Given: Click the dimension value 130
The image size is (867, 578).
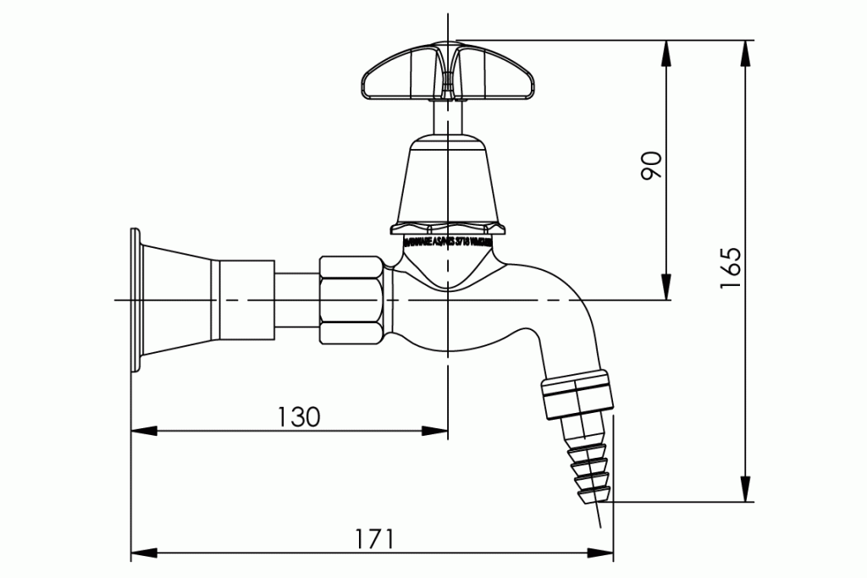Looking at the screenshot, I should click(x=299, y=416).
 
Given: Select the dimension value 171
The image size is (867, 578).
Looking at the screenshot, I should click(x=373, y=539).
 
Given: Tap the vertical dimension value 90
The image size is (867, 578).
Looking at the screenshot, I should click(x=651, y=166).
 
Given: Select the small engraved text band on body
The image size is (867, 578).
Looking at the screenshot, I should click(x=445, y=240).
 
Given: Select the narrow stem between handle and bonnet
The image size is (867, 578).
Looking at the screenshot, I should click(x=446, y=118).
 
